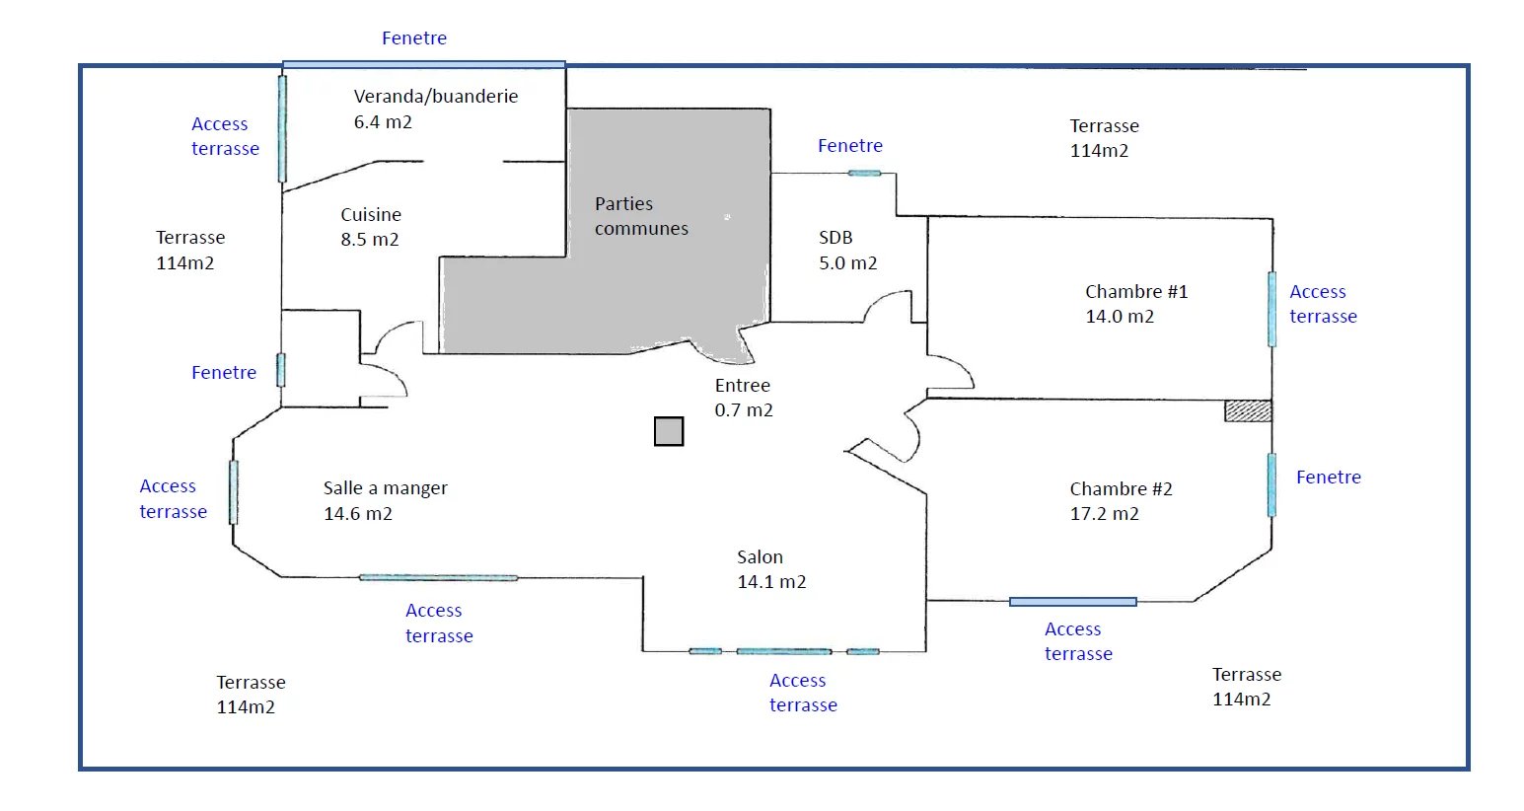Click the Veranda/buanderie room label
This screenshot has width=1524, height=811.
[435, 109]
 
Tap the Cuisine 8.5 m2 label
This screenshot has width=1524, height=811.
[370, 227]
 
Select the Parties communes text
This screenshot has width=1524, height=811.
[641, 216]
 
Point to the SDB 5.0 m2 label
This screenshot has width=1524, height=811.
[847, 251]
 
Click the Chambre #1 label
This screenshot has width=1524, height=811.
[1135, 304]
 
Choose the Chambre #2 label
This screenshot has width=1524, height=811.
[1121, 501]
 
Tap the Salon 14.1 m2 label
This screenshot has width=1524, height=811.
[771, 569]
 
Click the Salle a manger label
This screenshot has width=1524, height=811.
[385, 500]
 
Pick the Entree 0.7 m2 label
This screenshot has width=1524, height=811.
[744, 398]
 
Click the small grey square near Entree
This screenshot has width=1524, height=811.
[669, 431]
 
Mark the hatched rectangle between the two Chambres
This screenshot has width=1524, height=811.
[1248, 410]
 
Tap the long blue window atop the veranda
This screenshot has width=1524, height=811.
[424, 65]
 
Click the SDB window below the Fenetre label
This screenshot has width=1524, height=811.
[864, 174]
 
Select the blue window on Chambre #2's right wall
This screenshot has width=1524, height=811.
[1271, 484]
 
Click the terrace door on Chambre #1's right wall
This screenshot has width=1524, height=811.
[1271, 309]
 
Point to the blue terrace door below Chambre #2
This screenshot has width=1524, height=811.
[1072, 601]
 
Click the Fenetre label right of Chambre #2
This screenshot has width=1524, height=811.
[1328, 478]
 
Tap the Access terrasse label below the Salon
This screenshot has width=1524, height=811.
[803, 693]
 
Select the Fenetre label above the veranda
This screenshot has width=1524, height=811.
[414, 38]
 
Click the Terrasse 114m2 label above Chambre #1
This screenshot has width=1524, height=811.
[1104, 138]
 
